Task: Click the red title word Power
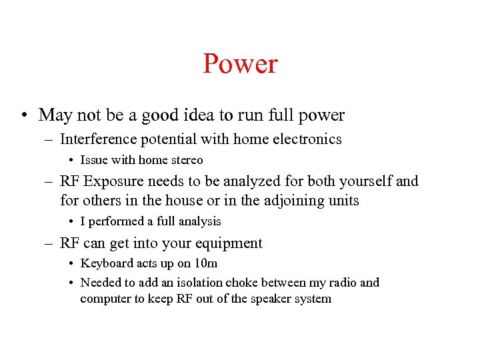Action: coord(240,64)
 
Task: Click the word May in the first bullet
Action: coord(54,115)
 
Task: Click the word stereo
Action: coord(188,160)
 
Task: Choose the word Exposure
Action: coord(119,181)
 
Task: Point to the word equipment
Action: coord(229,243)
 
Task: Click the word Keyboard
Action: coord(105,263)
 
